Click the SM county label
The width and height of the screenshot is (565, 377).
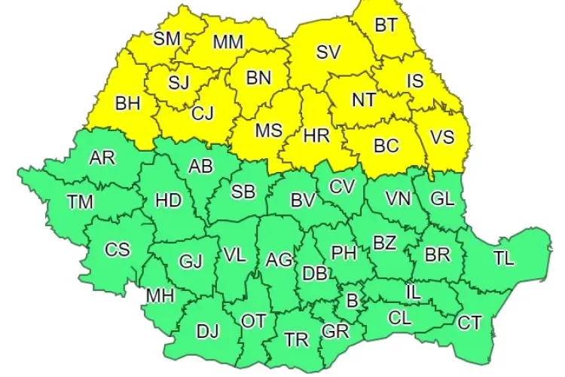166,38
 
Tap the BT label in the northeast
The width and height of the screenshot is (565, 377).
386,25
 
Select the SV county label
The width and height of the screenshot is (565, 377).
328,52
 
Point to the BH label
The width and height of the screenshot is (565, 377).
128,103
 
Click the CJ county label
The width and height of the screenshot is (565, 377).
203,113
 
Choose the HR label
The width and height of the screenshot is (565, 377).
315,136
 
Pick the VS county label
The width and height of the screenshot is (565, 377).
442,136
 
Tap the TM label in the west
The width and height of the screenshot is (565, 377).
81,201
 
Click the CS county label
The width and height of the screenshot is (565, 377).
117,249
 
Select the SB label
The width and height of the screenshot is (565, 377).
243,192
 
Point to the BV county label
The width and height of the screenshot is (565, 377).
302,201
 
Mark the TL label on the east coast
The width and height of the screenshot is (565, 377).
504,257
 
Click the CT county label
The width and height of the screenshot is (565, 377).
469,323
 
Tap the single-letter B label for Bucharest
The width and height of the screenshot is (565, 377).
350,301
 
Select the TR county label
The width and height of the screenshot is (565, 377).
297,340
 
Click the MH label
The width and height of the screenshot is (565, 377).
160,296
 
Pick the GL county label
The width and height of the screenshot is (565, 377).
443,198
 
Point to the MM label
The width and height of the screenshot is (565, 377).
228,42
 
